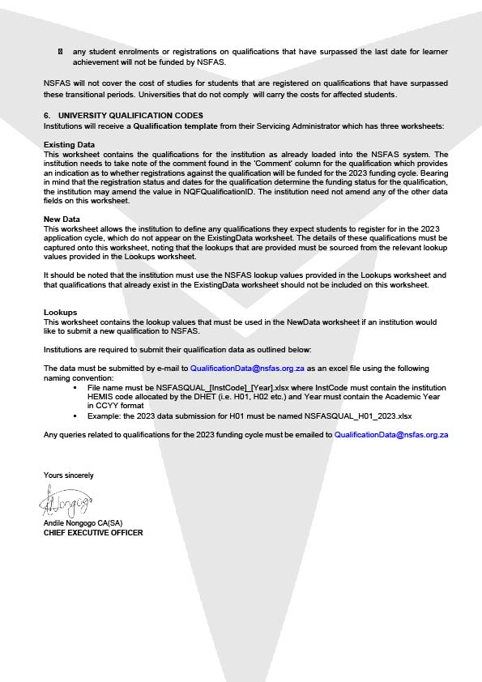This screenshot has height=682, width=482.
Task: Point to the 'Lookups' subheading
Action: tap(61, 312)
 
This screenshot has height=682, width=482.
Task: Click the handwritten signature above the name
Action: tap(66, 502)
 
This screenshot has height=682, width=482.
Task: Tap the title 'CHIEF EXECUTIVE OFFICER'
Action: tap(93, 533)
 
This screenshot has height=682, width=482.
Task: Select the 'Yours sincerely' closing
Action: tap(68, 475)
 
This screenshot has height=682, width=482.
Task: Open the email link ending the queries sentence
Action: tap(392, 435)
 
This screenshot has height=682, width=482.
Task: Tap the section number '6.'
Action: tap(48, 116)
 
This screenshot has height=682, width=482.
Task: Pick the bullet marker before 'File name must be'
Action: tap(75, 387)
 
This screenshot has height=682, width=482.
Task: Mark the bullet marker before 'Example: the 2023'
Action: tap(75, 416)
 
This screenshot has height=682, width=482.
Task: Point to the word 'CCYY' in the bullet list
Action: tap(104, 406)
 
